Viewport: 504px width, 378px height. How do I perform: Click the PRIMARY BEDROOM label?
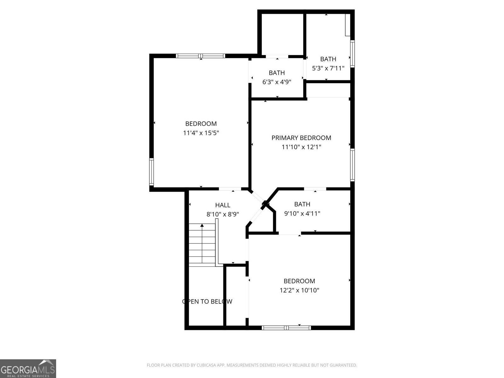[x=301, y=138]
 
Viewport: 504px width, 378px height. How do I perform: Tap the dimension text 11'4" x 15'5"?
[x=201, y=133]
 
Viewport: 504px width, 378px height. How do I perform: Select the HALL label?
[x=223, y=205]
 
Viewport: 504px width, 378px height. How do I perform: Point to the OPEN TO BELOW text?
[x=207, y=301]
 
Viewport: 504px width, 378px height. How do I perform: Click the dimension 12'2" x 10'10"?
[x=299, y=290]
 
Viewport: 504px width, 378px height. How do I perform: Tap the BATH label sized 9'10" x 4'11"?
[x=302, y=204]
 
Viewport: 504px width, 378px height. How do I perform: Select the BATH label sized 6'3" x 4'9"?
[x=277, y=73]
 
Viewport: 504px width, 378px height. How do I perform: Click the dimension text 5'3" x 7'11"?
[x=328, y=68]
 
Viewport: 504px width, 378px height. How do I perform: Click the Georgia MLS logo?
[x=28, y=368]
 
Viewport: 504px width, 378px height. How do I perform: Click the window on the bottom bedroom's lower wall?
[x=286, y=328]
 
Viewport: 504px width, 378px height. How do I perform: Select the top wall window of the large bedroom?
[x=200, y=56]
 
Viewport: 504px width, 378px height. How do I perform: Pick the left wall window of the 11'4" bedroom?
[x=152, y=172]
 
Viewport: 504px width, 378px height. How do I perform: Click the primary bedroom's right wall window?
[x=352, y=165]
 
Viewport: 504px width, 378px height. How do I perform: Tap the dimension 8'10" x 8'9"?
[x=223, y=214]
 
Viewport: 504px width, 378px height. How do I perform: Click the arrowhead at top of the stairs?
[x=202, y=225]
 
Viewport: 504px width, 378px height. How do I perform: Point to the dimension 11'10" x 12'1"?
[x=301, y=147]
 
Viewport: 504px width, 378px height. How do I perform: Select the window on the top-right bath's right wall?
[x=352, y=54]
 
